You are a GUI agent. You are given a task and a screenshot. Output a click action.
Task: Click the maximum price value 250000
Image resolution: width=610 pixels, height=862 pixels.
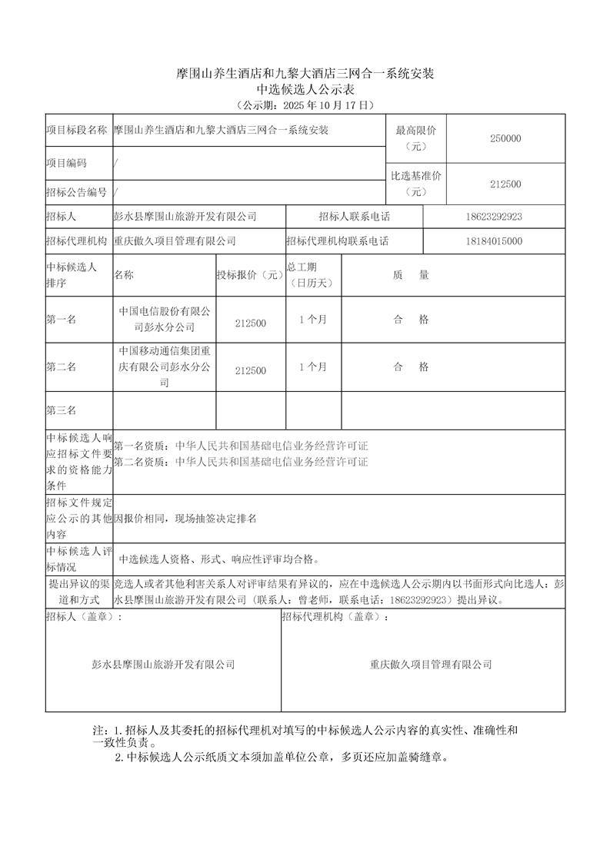(x=505, y=139)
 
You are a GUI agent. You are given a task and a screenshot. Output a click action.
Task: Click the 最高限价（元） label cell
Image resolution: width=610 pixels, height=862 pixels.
(x=416, y=138)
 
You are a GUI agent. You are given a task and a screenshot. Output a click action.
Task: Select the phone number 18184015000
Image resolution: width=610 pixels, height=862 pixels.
(x=494, y=241)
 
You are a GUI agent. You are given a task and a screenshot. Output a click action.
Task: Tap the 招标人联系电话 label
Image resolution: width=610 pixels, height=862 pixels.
(x=354, y=217)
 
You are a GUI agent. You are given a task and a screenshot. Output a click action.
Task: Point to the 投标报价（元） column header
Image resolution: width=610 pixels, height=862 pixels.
(x=250, y=275)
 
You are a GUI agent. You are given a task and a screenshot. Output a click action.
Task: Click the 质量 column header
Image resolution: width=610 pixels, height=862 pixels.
(x=411, y=275)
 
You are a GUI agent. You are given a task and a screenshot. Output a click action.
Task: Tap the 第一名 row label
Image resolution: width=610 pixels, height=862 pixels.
(x=61, y=320)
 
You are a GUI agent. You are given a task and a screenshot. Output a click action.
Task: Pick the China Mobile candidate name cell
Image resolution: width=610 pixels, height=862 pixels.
(x=164, y=366)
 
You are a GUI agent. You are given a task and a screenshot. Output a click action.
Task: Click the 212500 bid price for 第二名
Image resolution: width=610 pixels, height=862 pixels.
(x=251, y=370)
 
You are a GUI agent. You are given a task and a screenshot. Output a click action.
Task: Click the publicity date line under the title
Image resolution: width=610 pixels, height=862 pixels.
(x=305, y=104)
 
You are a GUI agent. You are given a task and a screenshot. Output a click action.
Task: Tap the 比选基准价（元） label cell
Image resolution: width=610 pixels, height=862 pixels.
(x=416, y=184)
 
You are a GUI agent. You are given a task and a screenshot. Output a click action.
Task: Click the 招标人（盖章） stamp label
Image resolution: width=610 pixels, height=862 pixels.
(x=84, y=617)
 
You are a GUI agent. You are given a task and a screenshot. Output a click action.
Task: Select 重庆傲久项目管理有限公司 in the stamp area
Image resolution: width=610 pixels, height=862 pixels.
(x=430, y=665)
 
